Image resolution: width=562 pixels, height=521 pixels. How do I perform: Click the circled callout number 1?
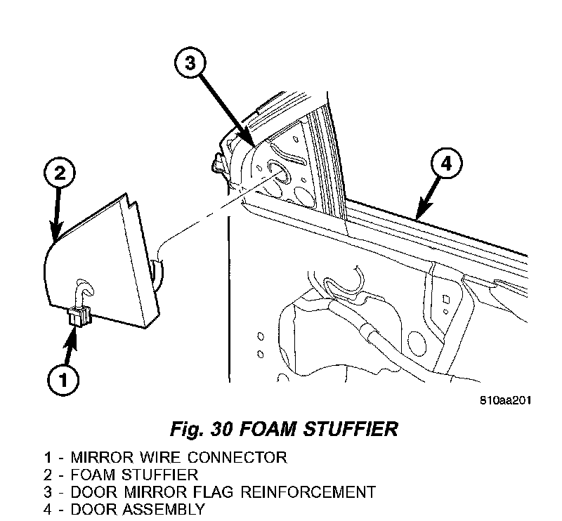(x=63, y=381)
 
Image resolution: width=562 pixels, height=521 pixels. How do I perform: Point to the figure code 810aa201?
(x=505, y=401)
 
